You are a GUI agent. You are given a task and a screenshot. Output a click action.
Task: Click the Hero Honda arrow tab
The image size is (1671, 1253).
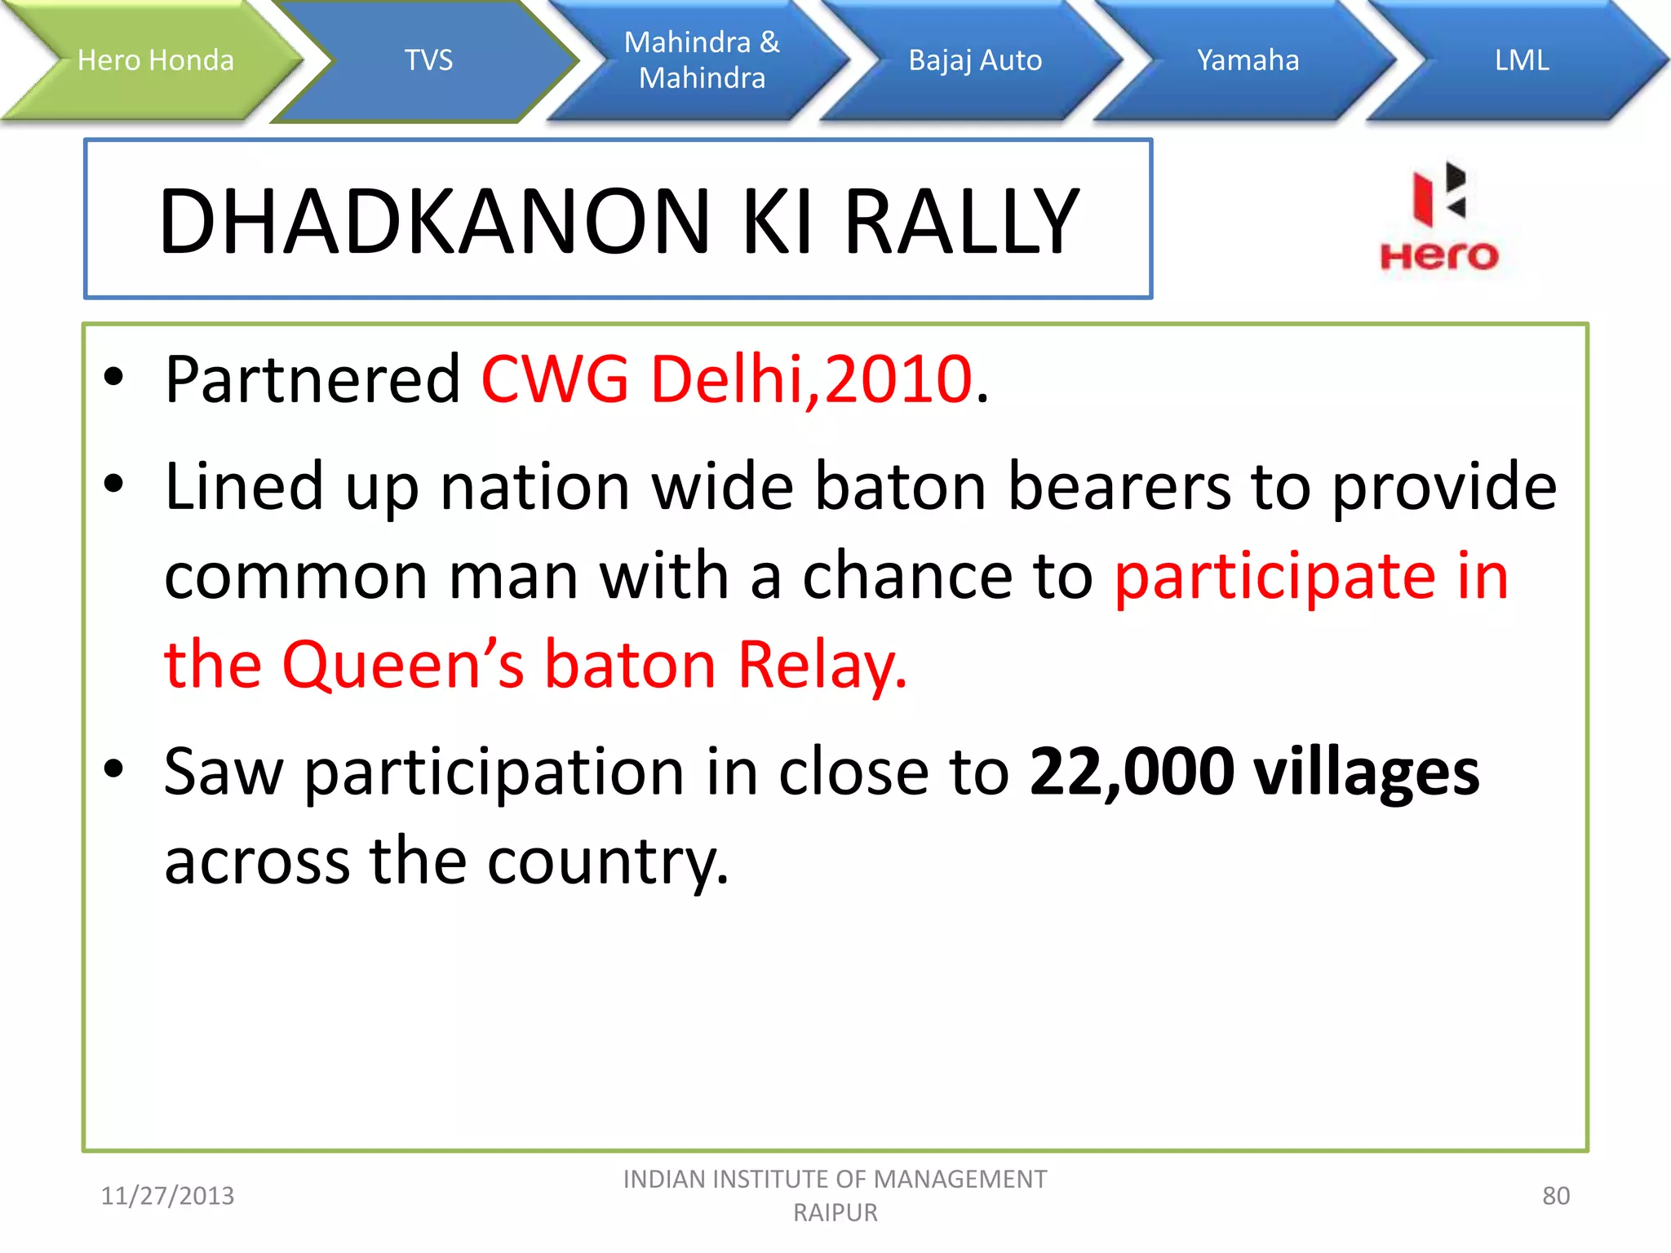(155, 60)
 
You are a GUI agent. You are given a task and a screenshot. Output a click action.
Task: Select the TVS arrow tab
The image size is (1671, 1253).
(428, 60)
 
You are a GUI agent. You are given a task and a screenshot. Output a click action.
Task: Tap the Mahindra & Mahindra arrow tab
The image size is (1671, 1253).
(702, 60)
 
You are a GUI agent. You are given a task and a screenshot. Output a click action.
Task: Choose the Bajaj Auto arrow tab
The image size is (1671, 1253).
(975, 60)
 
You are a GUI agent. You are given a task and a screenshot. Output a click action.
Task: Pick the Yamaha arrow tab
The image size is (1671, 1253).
(1248, 60)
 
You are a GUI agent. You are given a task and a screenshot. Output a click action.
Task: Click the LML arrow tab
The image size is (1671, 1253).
(1521, 60)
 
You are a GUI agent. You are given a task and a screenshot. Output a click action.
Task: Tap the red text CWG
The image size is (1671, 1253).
(555, 379)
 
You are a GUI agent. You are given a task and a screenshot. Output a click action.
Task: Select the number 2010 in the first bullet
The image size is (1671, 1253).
(898, 379)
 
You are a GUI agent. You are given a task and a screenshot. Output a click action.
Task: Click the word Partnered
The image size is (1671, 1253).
(312, 379)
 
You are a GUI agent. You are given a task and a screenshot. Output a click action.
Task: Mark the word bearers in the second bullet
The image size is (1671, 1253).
(1119, 487)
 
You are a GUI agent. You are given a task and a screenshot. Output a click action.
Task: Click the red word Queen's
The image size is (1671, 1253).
(403, 665)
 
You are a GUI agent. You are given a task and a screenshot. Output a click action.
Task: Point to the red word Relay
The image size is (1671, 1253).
(822, 665)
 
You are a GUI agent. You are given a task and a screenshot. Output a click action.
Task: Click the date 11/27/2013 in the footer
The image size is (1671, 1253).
(167, 1196)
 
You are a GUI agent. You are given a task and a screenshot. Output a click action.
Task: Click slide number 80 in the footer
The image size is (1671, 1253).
(1555, 1196)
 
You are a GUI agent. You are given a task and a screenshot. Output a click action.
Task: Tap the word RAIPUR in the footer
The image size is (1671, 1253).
(835, 1213)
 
